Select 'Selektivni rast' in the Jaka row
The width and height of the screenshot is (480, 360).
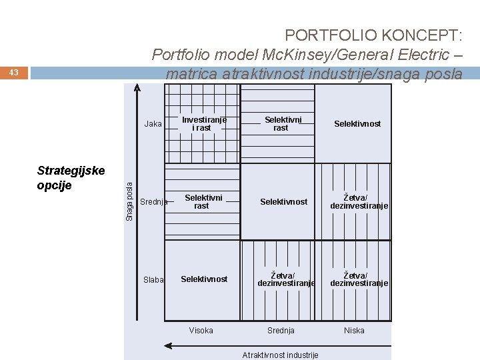[281, 123]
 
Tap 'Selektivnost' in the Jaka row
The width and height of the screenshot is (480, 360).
[358, 124]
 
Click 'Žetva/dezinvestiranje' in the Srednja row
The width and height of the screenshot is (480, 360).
[359, 201]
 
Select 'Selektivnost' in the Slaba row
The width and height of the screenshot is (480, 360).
[204, 279]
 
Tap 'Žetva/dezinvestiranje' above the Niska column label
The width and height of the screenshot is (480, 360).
[359, 279]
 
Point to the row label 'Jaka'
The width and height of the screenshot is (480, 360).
[153, 124]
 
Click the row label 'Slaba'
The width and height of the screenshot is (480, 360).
[153, 280]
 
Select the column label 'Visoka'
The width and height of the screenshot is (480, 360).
[201, 331]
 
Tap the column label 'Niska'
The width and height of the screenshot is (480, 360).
[354, 331]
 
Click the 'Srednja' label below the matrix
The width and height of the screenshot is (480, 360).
[281, 331]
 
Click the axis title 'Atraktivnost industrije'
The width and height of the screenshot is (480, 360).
[281, 355]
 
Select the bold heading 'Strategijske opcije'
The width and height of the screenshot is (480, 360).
[71, 177]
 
